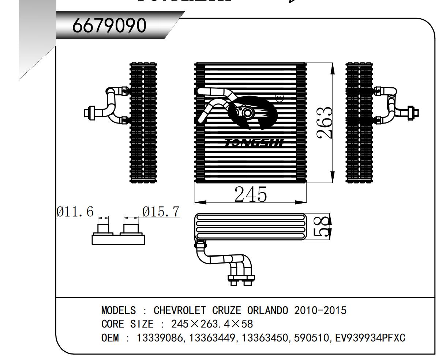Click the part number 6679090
109,25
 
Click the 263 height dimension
325,122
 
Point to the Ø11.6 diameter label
75,212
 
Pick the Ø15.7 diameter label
161,212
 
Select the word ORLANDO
269,311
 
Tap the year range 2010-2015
320,311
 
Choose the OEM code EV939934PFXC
370,338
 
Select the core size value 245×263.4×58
212,324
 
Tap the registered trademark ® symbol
279,98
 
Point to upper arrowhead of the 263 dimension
333,68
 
